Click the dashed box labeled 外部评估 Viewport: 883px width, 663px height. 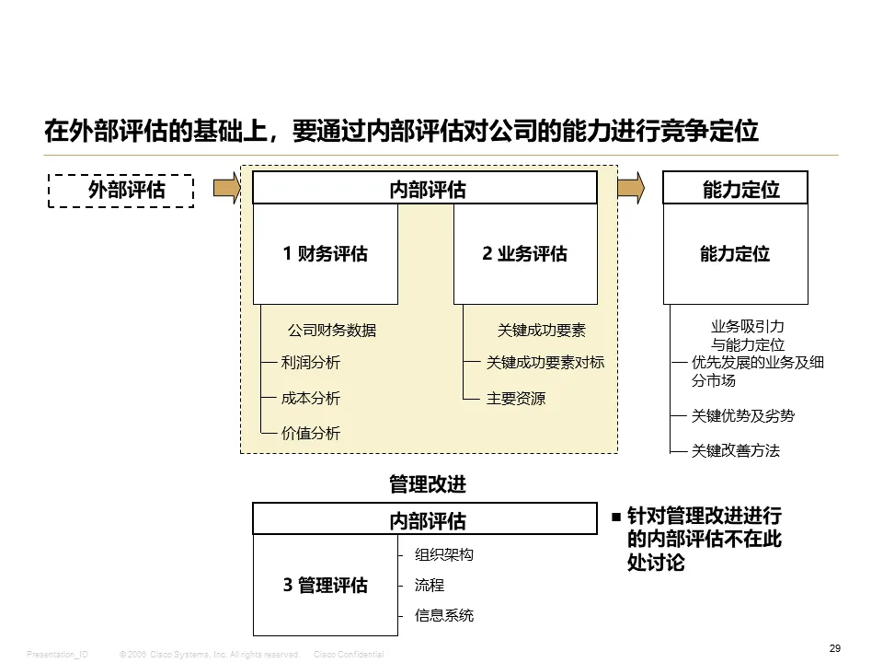coord(120,191)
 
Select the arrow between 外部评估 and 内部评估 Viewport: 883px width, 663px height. coord(226,189)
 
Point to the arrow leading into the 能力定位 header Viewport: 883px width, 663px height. coord(630,188)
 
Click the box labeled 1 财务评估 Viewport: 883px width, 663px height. coord(326,254)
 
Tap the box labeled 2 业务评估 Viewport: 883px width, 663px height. coord(525,254)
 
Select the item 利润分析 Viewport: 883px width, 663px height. coord(310,363)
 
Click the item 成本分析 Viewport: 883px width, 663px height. coord(310,398)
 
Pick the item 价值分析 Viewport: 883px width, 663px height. coord(310,433)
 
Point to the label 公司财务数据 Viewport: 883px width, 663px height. coord(331,331)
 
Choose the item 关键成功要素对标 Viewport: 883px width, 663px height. coord(545,363)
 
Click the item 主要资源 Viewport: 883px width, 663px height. coord(516,399)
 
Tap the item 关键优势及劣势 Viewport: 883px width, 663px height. coord(742,416)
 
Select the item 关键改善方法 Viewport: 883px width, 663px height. coord(735,451)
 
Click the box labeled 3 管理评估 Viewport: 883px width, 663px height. coord(326,586)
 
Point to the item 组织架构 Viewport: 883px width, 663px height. coord(444,555)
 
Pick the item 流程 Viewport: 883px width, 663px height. coord(430,585)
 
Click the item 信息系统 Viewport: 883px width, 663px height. coord(444,615)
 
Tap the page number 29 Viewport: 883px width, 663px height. coord(835,648)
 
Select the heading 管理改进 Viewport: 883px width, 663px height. coord(428,483)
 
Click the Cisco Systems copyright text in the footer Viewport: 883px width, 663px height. coord(210,654)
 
